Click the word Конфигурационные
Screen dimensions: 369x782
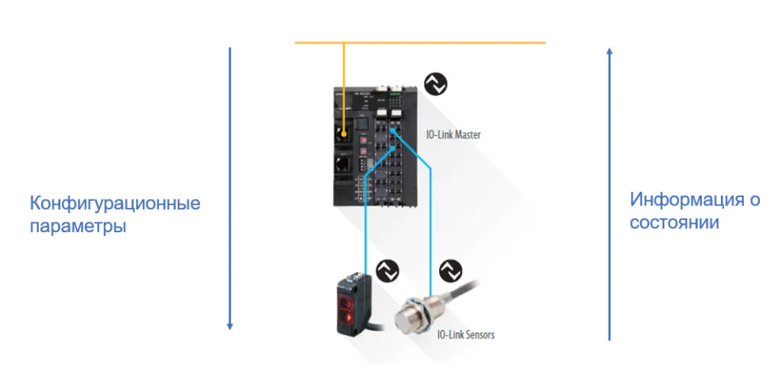coord(115,204)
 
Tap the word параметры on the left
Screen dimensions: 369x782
coord(78,228)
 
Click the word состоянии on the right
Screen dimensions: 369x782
coord(674,224)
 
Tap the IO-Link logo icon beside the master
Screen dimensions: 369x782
coord(435,85)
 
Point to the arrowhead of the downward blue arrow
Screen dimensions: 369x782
coord(229,325)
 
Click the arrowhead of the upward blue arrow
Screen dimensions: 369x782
coord(609,51)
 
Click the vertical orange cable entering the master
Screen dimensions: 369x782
coord(344,84)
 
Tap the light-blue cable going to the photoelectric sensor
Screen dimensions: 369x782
coord(366,229)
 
